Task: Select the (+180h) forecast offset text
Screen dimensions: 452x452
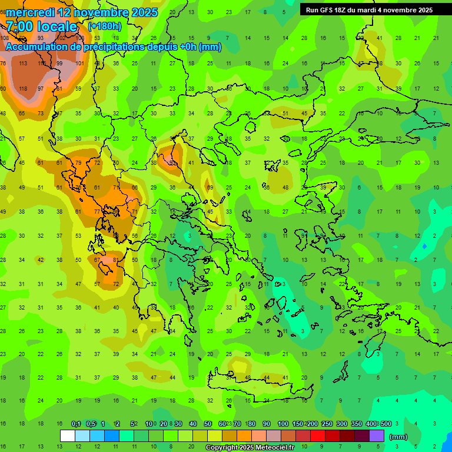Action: click(105, 26)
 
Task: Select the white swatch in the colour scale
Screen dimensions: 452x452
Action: click(67, 436)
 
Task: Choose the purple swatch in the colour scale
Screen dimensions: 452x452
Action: click(377, 436)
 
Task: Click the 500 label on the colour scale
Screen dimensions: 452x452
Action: click(385, 424)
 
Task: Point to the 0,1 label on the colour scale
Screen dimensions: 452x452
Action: click(76, 424)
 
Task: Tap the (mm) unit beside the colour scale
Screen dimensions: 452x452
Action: click(398, 437)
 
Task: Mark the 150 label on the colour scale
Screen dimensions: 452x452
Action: click(297, 424)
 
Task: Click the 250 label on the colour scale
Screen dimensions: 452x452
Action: click(327, 424)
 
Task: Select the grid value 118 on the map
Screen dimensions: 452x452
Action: click(23, 88)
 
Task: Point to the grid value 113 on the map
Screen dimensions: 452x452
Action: click(23, 63)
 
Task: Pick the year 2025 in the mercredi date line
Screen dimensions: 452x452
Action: click(144, 12)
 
